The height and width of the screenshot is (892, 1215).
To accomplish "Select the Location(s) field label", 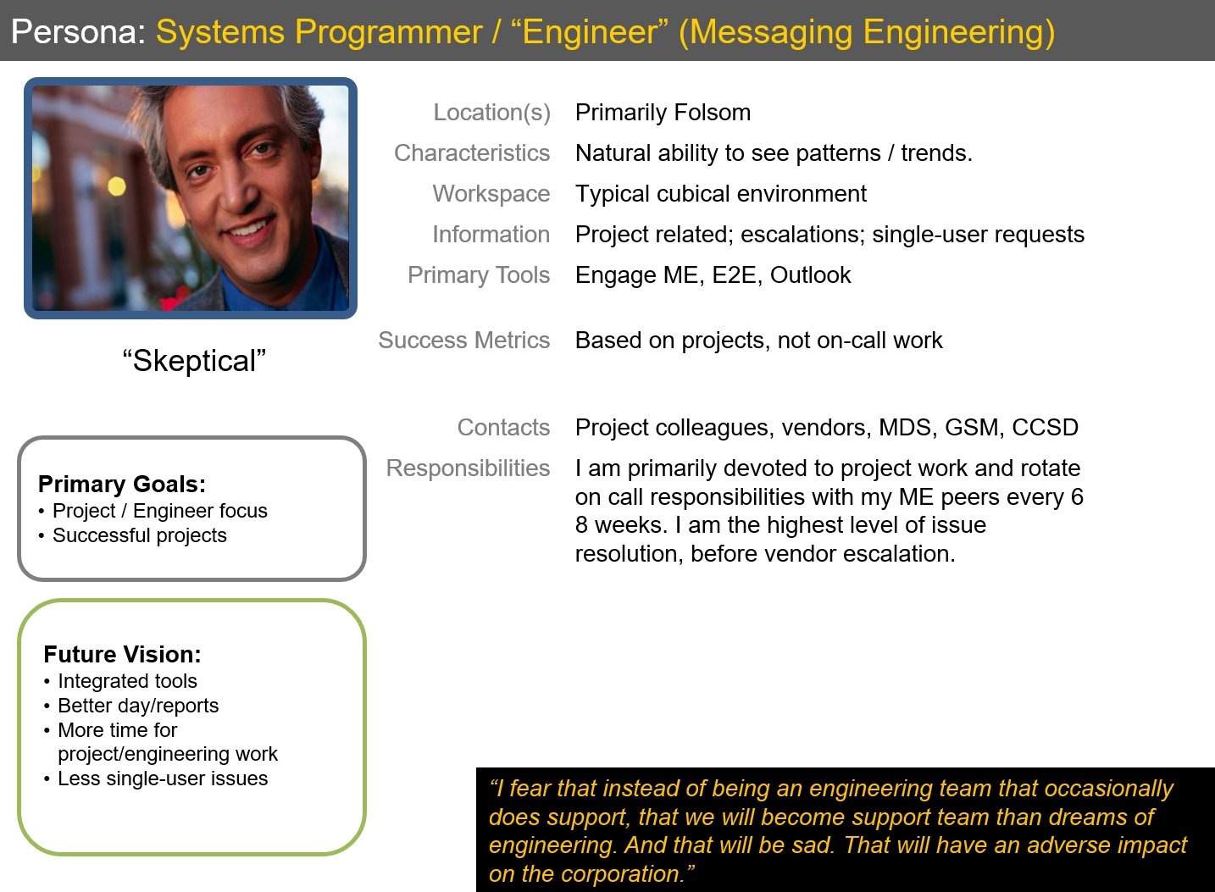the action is point(491,113).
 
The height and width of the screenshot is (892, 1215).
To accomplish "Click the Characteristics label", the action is point(472,153).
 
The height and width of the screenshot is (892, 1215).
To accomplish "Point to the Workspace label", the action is point(491,194).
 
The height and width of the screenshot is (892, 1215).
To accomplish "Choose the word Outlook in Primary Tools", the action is point(810,275).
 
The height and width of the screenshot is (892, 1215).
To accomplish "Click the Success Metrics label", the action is point(463,341).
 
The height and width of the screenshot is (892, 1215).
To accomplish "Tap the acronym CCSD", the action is point(1045,428).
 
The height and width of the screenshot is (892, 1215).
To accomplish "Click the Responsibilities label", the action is point(468,468).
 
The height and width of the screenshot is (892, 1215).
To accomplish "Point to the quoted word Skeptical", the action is point(194,362).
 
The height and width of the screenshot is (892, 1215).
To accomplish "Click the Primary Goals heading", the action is point(122,485).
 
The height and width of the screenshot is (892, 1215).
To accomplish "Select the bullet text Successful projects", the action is point(140,535).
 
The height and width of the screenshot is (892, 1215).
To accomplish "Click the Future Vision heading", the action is point(122,655).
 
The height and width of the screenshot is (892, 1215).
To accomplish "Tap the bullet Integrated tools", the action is point(127,681).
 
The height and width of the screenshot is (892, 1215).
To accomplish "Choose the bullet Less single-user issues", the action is point(163,778).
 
